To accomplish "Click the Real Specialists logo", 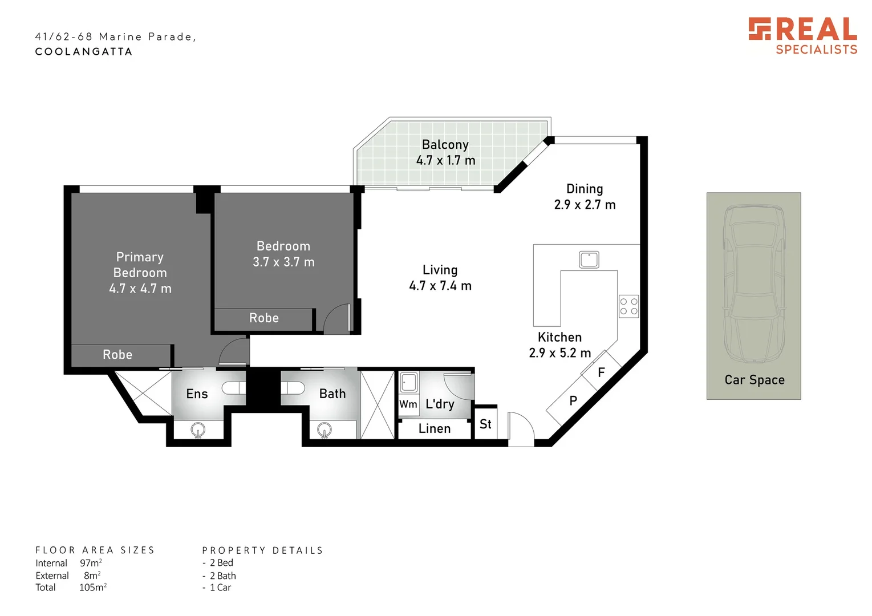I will (x=802, y=36).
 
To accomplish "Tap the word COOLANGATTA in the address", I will (x=84, y=52).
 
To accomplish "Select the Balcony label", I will (x=445, y=145).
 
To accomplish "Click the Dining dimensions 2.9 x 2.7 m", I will (x=585, y=205).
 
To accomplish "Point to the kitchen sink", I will (x=589, y=260).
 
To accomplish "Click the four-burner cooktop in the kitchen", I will (x=628, y=306).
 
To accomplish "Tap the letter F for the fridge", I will (x=601, y=373).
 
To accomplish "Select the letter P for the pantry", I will (x=573, y=401).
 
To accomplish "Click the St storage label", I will (x=485, y=424).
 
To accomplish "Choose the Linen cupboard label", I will (x=435, y=429).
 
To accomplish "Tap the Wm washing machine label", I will (x=408, y=404).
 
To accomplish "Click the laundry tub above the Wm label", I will (x=408, y=382).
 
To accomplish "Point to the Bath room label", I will (x=332, y=394).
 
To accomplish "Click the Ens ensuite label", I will (x=197, y=394).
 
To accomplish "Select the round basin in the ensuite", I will (x=198, y=429).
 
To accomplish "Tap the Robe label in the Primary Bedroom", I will (x=117, y=355).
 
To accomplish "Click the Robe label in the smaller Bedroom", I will (x=264, y=318).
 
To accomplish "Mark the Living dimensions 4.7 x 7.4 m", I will (x=440, y=286).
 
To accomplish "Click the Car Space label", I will (x=754, y=380).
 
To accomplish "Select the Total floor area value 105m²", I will (x=92, y=587).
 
